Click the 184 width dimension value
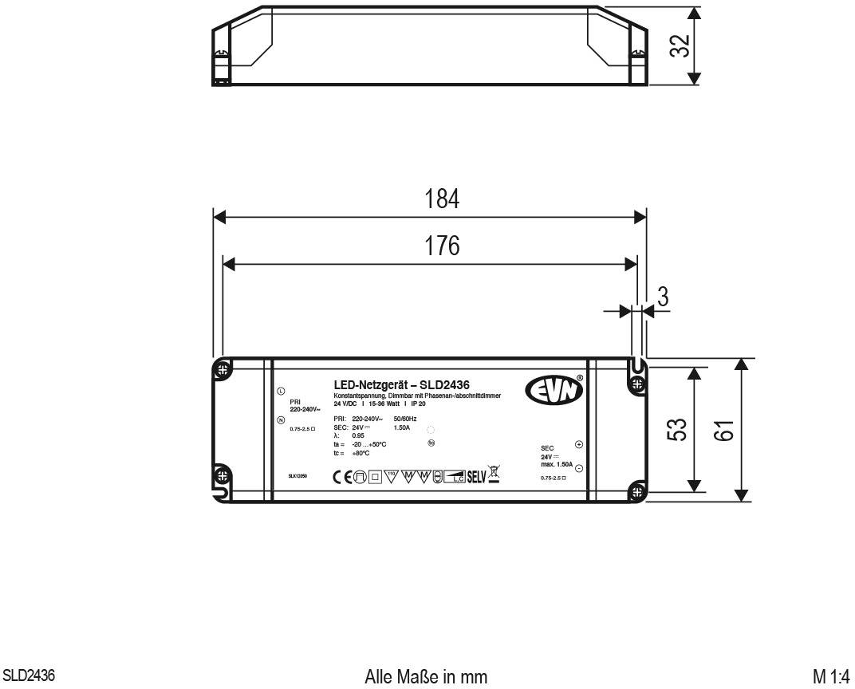pyautogui.click(x=442, y=200)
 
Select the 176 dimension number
pyautogui.click(x=442, y=246)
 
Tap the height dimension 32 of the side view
pyautogui.click(x=679, y=45)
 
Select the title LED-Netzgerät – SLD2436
pyautogui.click(x=401, y=385)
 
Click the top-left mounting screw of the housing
pyautogui.click(x=223, y=370)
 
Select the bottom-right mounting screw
pyautogui.click(x=636, y=489)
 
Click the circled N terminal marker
pyautogui.click(x=281, y=419)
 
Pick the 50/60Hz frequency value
pyautogui.click(x=405, y=419)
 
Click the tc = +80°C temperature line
pyautogui.click(x=352, y=453)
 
